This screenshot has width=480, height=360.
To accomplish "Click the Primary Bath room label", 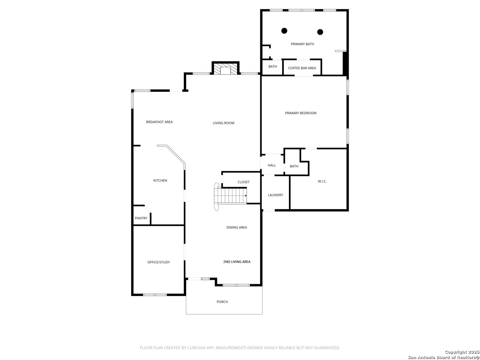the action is pyautogui.click(x=302, y=44).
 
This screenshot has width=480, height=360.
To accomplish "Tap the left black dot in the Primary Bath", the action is pyautogui.click(x=284, y=31).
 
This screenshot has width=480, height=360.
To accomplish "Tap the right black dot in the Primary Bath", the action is pyautogui.click(x=320, y=32).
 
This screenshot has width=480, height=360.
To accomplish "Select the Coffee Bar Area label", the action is pyautogui.click(x=302, y=68).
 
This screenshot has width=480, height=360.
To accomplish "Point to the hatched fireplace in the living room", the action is pyautogui.click(x=225, y=69).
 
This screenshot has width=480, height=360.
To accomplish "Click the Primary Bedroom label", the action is pyautogui.click(x=300, y=113).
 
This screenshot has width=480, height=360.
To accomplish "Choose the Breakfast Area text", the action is pyautogui.click(x=159, y=122).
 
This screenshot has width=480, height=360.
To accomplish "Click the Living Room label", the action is pyautogui.click(x=223, y=123).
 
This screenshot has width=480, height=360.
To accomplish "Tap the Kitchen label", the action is pyautogui.click(x=160, y=181).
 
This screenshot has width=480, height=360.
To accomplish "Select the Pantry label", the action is pyautogui.click(x=141, y=218).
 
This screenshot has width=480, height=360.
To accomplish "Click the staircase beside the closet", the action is pyautogui.click(x=230, y=196).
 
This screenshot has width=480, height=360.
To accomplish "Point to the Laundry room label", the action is pyautogui.click(x=275, y=195).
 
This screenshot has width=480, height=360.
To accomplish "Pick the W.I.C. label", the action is pyautogui.click(x=322, y=181).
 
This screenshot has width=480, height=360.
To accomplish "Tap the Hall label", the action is pyautogui.click(x=272, y=165).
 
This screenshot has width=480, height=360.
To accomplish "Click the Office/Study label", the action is pyautogui.click(x=159, y=262).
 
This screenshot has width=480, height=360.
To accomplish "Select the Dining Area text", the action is pyautogui.click(x=237, y=228).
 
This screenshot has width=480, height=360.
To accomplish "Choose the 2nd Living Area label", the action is pyautogui.click(x=237, y=262).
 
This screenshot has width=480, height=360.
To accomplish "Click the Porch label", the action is pyautogui.click(x=222, y=302).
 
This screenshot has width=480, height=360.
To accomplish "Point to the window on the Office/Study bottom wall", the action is pyautogui.click(x=155, y=295).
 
